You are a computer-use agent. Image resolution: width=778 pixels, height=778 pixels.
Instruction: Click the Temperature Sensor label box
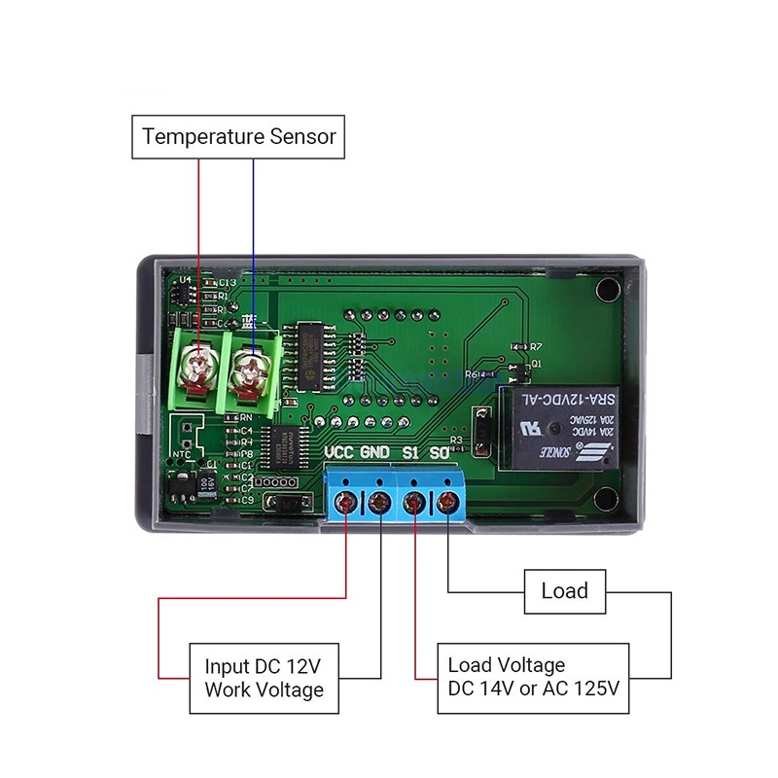238,136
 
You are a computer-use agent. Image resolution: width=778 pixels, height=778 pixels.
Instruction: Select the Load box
564,591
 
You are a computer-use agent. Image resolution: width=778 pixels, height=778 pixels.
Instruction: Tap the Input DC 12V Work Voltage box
264,678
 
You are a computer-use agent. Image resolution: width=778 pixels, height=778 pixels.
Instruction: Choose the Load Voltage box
533,678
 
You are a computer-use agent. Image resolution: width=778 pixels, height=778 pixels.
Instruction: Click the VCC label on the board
338,453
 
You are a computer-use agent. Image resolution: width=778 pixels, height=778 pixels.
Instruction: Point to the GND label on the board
374,453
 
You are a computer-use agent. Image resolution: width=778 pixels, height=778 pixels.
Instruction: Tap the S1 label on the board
410,453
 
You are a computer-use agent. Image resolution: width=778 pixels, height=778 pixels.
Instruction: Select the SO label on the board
440,453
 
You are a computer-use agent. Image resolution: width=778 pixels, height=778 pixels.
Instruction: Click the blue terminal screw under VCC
345,502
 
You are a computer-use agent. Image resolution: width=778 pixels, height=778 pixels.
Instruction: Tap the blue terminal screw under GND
379,502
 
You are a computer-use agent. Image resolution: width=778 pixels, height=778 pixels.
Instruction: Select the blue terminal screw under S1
415,502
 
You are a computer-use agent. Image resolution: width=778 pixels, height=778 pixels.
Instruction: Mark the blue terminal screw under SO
448,502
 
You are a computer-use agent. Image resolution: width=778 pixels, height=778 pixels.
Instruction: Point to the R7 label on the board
536,347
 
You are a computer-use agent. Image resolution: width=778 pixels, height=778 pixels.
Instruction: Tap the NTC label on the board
181,453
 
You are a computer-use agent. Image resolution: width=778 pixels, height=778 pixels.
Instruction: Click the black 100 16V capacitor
207,483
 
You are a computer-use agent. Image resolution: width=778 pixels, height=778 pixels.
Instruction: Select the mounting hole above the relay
608,290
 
